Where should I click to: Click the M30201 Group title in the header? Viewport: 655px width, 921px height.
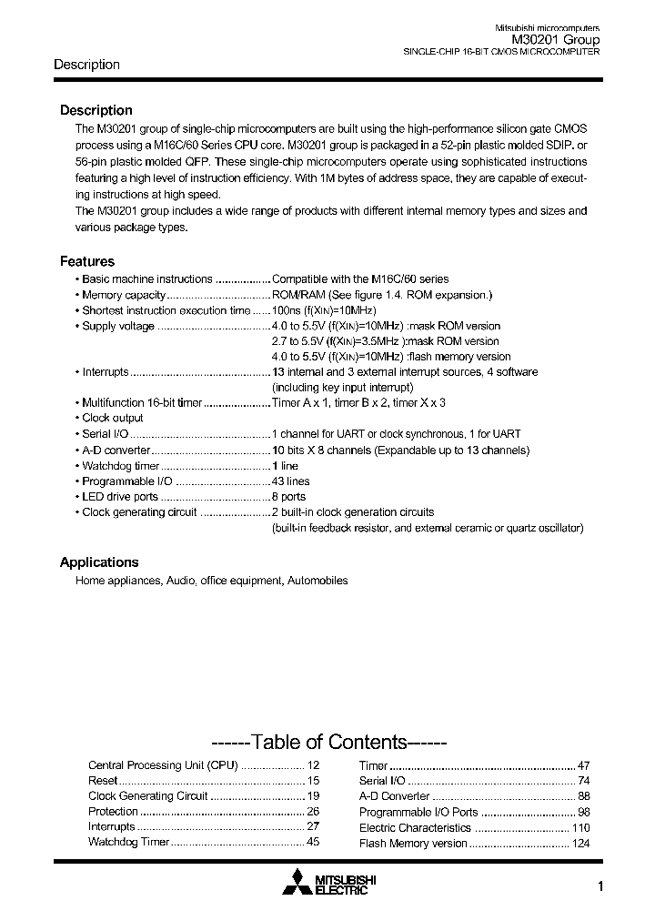pyautogui.click(x=555, y=40)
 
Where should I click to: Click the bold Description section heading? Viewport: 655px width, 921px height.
pyautogui.click(x=96, y=110)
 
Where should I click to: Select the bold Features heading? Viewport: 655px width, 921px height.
pyautogui.click(x=87, y=261)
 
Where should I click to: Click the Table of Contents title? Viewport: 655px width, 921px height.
pyautogui.click(x=327, y=742)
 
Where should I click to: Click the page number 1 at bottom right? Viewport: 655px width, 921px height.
pyautogui.click(x=600, y=888)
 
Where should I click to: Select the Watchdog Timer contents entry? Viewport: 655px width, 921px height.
pyautogui.click(x=128, y=842)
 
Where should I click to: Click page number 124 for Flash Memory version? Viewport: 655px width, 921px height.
pyautogui.click(x=580, y=843)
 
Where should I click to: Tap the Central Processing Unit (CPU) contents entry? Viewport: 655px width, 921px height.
pyautogui.click(x=163, y=765)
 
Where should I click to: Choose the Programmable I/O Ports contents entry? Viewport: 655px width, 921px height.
pyautogui.click(x=418, y=812)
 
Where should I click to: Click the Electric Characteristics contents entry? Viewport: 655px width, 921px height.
pyautogui.click(x=415, y=827)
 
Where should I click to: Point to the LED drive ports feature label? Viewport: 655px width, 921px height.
pyautogui.click(x=119, y=497)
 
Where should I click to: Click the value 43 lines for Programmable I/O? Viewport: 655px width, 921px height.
pyautogui.click(x=291, y=481)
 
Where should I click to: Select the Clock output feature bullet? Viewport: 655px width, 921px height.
pyautogui.click(x=112, y=418)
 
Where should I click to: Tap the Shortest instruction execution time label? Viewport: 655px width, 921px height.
pyautogui.click(x=165, y=310)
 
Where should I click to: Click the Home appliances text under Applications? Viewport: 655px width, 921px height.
pyautogui.click(x=118, y=581)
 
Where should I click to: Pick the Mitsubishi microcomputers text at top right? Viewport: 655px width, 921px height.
pyautogui.click(x=547, y=27)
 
